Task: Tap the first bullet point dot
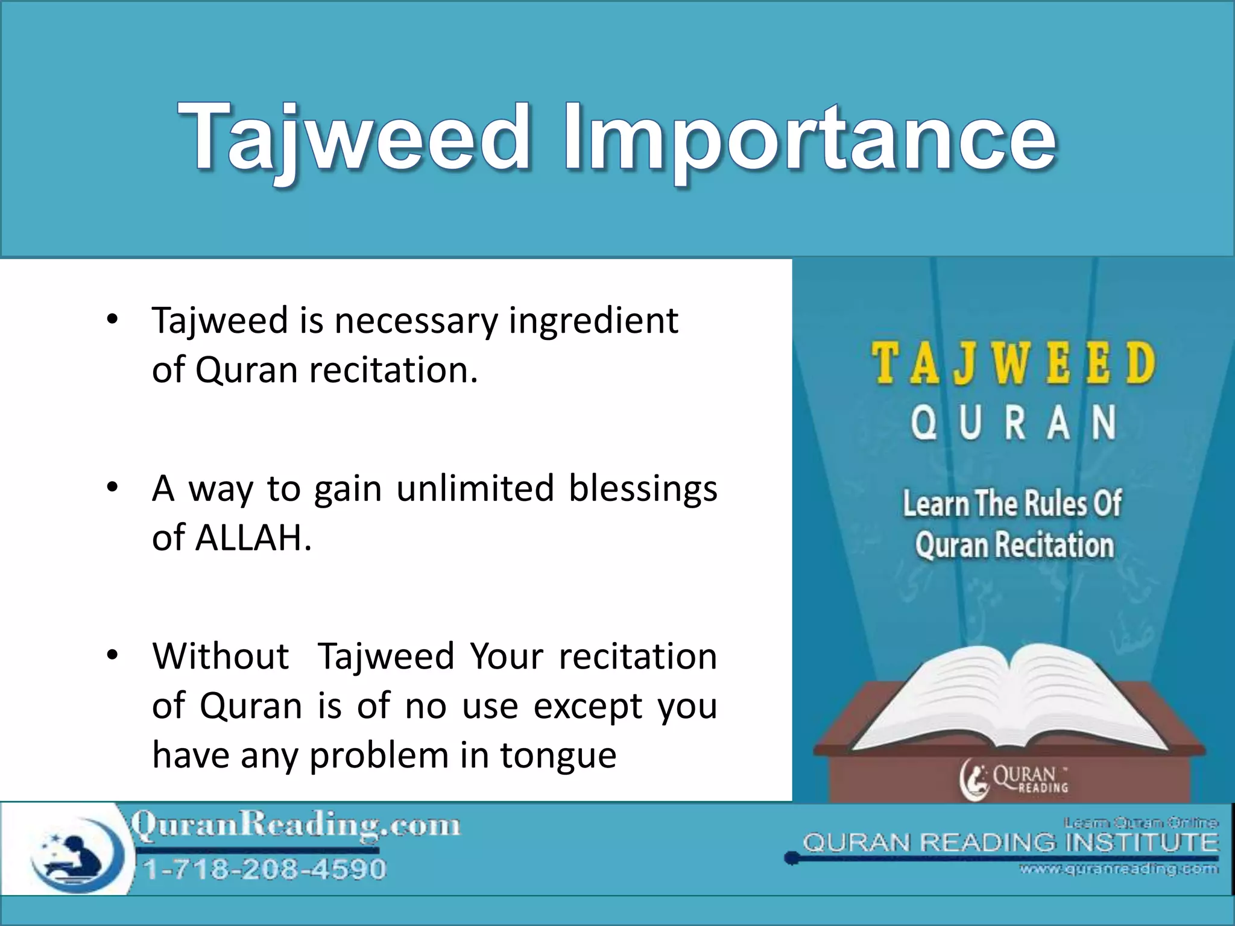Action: (112, 320)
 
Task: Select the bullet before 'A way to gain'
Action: (112, 488)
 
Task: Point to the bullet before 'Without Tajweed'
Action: (112, 655)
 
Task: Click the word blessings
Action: (643, 488)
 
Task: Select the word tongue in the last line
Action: (558, 755)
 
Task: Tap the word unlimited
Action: (475, 488)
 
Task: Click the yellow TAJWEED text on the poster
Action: (1013, 364)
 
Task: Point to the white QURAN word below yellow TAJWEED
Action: (1013, 423)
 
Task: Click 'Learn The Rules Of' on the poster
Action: (1012, 503)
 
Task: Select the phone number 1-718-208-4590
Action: (264, 869)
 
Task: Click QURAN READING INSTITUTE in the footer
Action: (1010, 843)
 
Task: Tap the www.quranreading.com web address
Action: (1119, 869)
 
